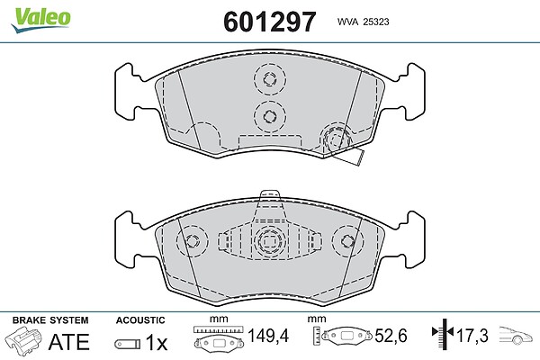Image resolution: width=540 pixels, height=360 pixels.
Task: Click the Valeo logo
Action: tap(40, 20)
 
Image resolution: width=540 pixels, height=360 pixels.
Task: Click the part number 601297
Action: tap(269, 22)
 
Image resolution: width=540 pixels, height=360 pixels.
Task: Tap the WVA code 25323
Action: tap(363, 22)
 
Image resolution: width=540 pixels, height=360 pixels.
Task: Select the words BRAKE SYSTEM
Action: tap(50, 320)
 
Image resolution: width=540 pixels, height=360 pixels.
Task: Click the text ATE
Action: tap(69, 342)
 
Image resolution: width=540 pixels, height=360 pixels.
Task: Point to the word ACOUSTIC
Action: tap(140, 320)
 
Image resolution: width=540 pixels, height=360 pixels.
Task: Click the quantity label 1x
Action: tap(157, 342)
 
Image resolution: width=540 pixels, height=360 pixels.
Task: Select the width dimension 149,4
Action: tap(268, 336)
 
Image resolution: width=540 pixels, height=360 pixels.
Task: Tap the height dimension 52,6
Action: tap(391, 336)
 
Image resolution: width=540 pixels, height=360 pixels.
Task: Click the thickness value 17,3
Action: tap(472, 336)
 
